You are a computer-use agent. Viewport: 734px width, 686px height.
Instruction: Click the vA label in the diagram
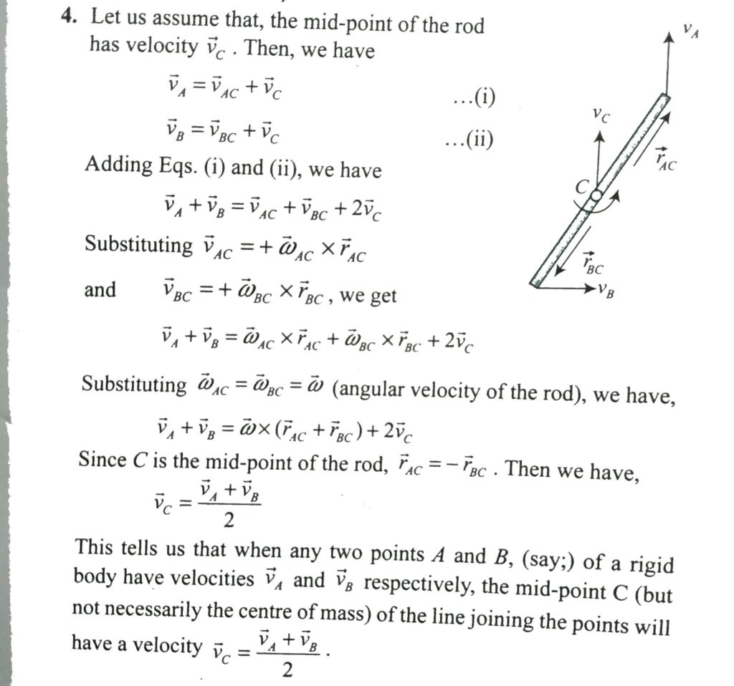(690, 31)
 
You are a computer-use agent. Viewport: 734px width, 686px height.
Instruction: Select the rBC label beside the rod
(593, 264)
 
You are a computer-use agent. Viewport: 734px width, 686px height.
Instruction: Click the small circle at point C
(596, 195)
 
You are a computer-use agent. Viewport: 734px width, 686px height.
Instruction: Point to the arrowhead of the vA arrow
(668, 39)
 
